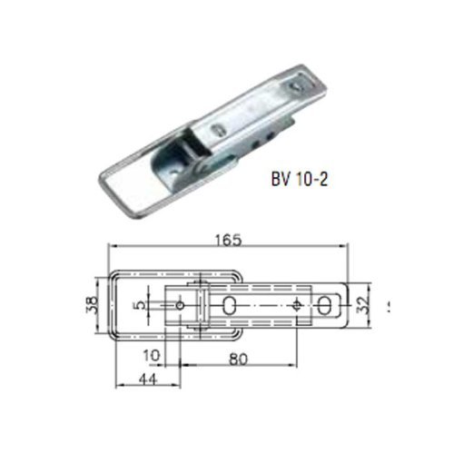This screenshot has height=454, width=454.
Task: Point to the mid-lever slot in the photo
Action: [217, 130]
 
